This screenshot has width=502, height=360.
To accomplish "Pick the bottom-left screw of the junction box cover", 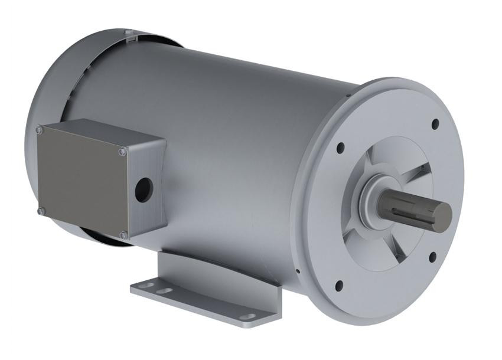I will click(x=40, y=211).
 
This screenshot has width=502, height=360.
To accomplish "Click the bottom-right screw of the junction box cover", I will click(x=122, y=235).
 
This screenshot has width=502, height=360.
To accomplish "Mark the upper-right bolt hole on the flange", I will click(x=435, y=124).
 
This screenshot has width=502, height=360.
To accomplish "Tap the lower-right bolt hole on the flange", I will click(x=433, y=256).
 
